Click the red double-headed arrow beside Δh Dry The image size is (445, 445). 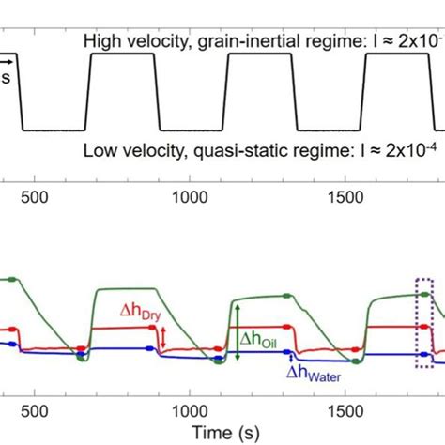point(163,339)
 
